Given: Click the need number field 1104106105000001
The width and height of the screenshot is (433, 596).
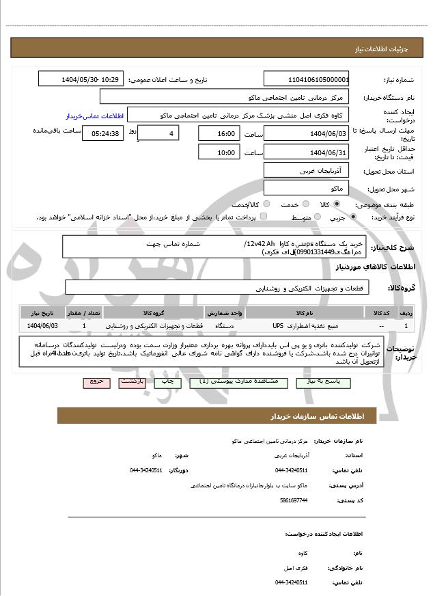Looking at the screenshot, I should (307, 80).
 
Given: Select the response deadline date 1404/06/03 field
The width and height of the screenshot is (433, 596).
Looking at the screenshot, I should (307, 134).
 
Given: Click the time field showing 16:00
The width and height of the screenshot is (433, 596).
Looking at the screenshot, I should (219, 134).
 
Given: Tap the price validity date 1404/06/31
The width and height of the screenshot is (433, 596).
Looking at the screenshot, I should (307, 152).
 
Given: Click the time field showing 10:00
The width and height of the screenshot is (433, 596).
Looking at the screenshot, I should (219, 152).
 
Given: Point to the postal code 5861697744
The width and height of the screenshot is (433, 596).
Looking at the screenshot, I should (294, 500).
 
